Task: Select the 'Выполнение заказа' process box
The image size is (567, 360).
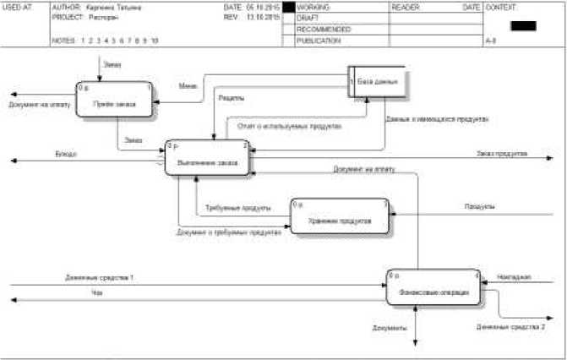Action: coord(208,158)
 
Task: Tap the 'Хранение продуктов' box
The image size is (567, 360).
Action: coord(341,216)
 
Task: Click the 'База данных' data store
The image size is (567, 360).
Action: coord(378,82)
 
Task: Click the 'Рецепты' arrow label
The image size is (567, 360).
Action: coord(232,99)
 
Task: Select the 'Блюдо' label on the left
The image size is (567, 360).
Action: coord(66,155)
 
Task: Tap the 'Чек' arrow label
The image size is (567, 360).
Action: coord(96,294)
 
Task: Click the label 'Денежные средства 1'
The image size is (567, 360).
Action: coord(100,278)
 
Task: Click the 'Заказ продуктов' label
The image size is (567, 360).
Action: coord(502,154)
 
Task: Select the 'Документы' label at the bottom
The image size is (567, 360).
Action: coord(390,327)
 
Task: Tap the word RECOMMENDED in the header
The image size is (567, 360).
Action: coord(324,29)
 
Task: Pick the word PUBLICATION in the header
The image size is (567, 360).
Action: coord(319,40)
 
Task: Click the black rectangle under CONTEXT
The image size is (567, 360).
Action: coord(523,25)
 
